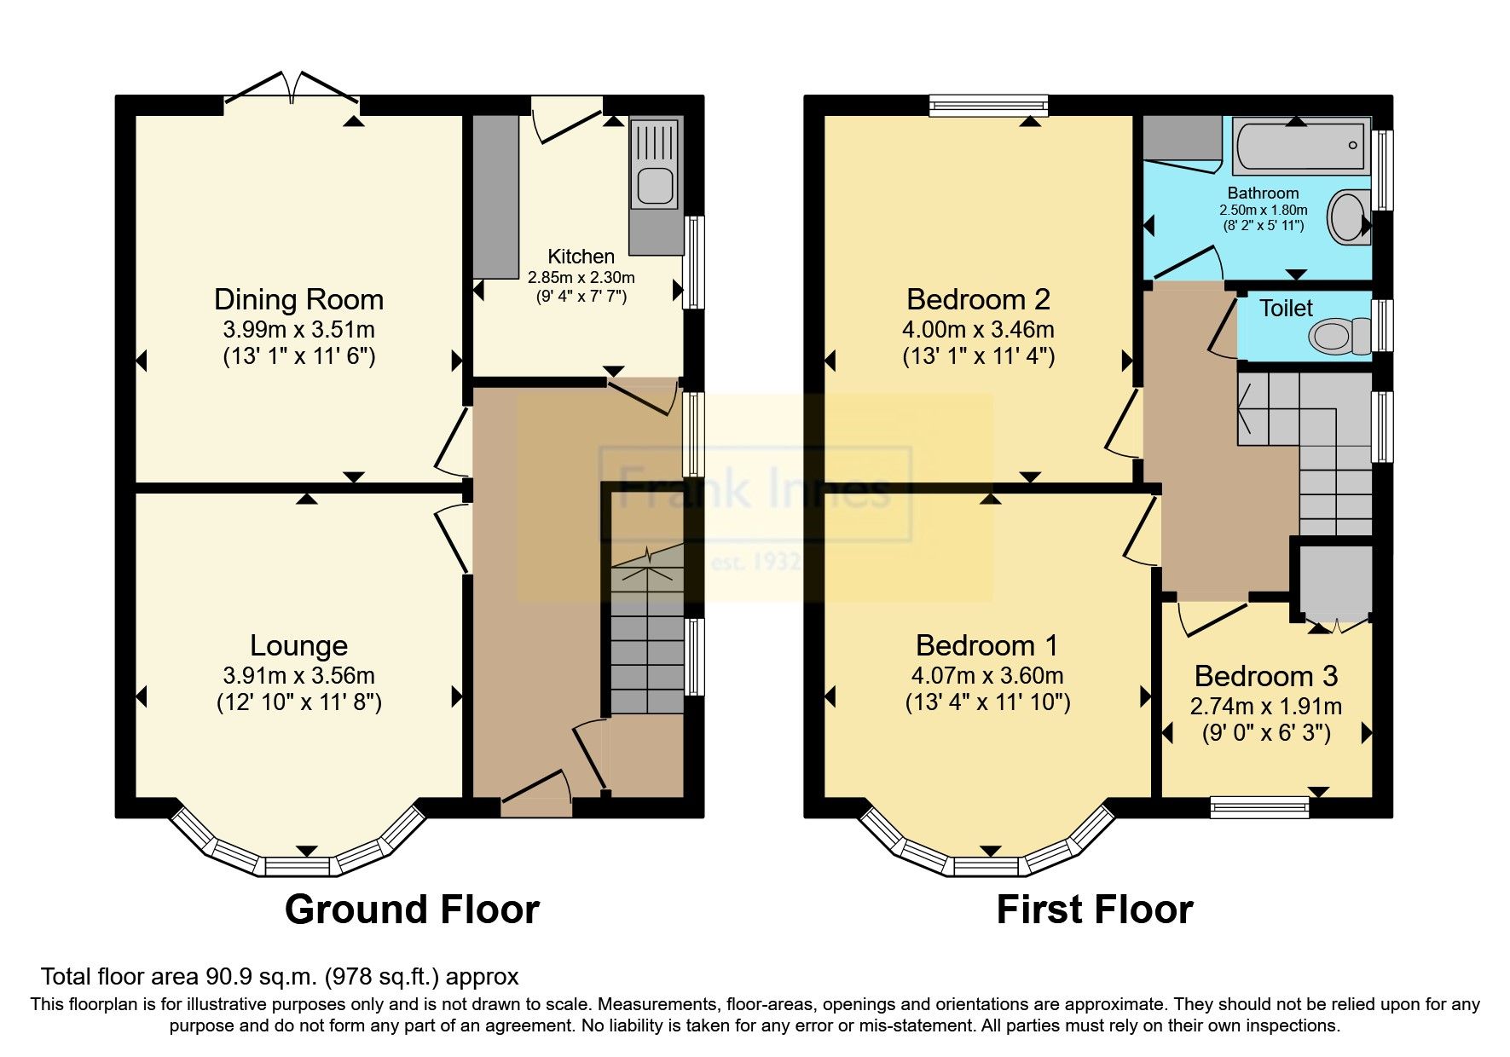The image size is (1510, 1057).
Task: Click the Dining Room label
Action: tap(298, 300)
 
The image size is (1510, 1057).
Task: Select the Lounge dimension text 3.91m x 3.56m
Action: tap(298, 676)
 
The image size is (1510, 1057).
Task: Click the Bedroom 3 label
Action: tap(1265, 676)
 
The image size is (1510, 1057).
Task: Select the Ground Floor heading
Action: tap(412, 910)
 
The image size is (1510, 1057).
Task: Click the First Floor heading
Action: tap(1094, 910)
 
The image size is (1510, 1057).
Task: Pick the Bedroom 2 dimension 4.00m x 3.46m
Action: tap(978, 330)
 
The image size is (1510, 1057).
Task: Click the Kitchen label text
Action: tap(581, 257)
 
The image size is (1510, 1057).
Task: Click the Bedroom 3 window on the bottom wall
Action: tap(1259, 806)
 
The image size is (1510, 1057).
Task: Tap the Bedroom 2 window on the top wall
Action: tap(988, 106)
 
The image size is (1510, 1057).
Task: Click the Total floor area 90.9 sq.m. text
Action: tap(280, 977)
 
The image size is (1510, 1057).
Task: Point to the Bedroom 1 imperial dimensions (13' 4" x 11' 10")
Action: tap(987, 702)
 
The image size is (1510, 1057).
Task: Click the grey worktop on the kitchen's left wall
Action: tap(495, 196)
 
